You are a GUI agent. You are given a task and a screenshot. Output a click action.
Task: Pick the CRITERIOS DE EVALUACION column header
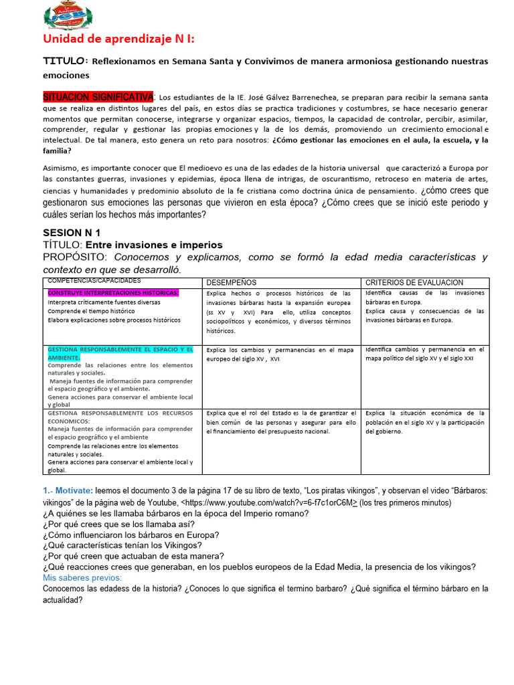(414, 283)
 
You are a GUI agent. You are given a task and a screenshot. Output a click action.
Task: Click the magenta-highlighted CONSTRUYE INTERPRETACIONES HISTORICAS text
(113, 293)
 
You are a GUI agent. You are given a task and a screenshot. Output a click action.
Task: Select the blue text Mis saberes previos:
(82, 577)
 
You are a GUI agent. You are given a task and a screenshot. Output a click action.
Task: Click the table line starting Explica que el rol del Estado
(281, 413)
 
